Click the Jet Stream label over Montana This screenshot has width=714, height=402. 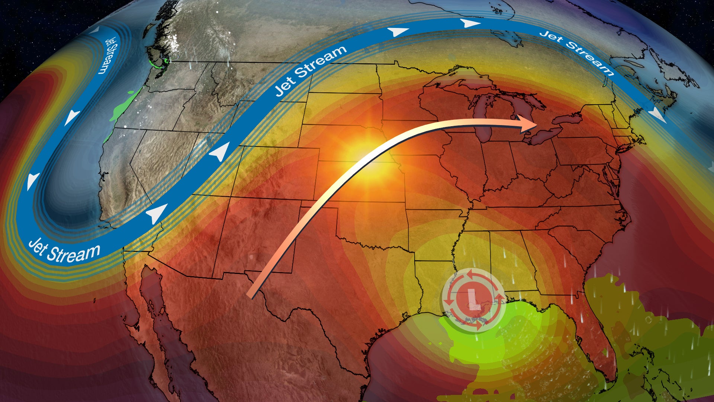[x=311, y=70]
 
